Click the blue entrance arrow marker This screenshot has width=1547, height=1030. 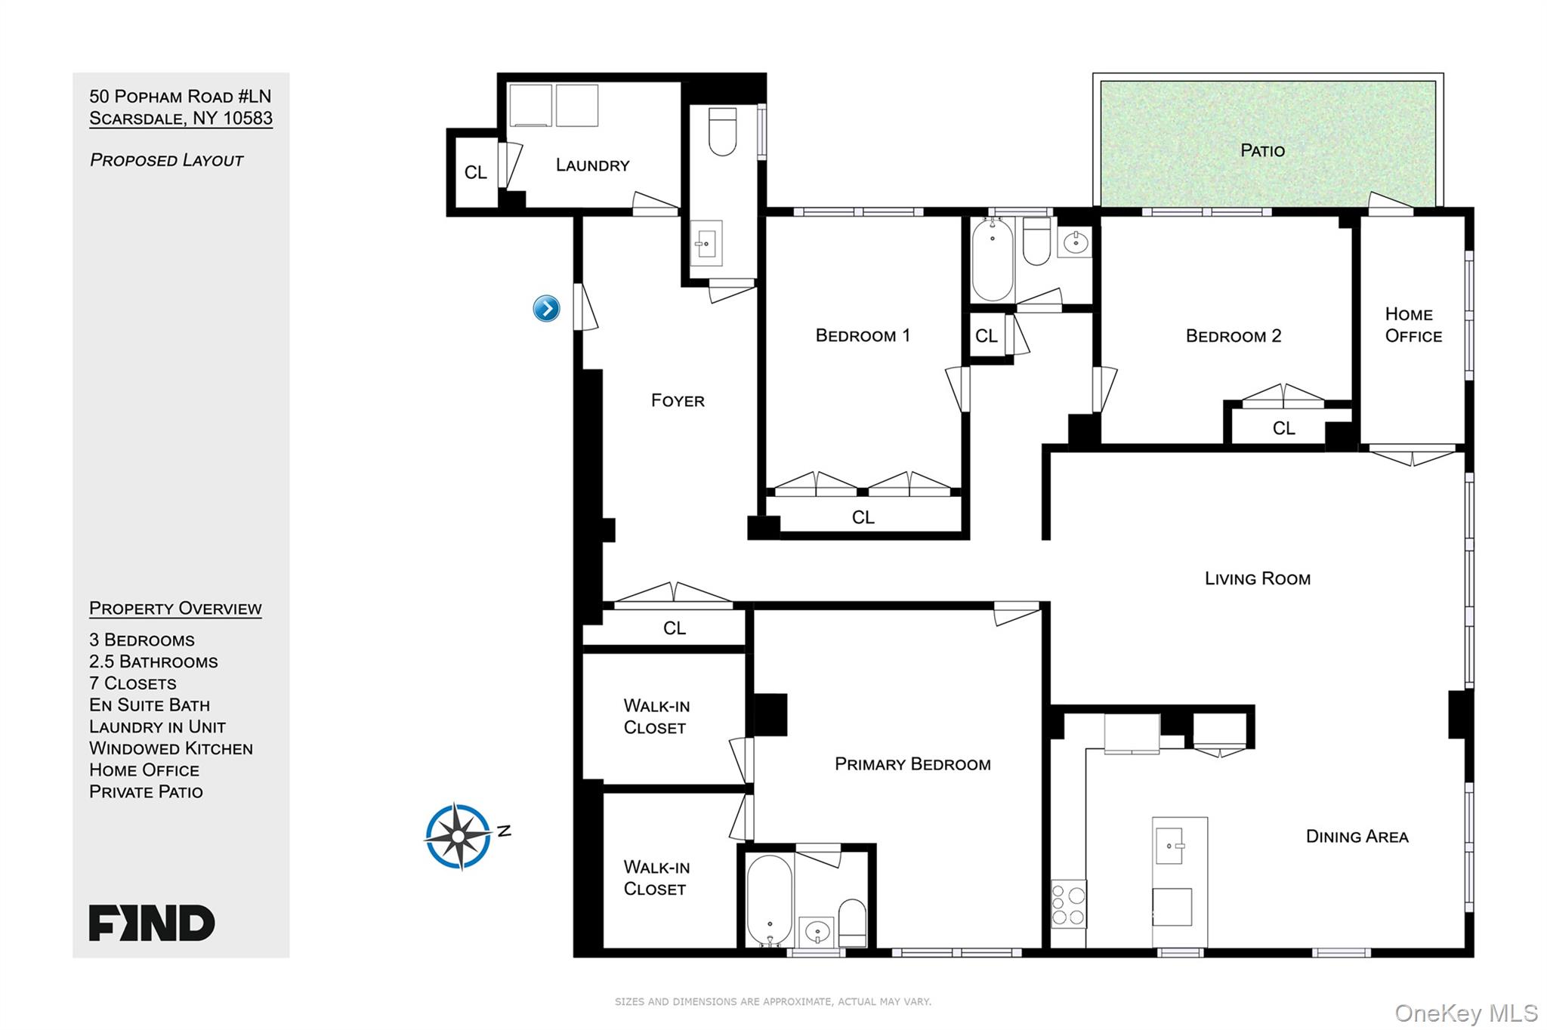click(x=546, y=308)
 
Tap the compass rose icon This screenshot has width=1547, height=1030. click(x=459, y=836)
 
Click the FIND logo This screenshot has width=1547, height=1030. click(x=152, y=923)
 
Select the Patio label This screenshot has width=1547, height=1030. click(x=1262, y=150)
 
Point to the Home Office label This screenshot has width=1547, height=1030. click(x=1413, y=325)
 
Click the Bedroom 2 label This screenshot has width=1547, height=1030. click(x=1234, y=336)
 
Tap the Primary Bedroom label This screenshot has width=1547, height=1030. click(x=912, y=764)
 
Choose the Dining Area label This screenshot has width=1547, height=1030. click(x=1357, y=836)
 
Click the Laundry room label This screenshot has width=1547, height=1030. click(x=593, y=165)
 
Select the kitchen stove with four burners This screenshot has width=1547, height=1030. click(x=1068, y=904)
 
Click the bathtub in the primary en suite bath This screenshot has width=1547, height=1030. click(x=770, y=899)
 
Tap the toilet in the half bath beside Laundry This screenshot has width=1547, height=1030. click(x=722, y=131)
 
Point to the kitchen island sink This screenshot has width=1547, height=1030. click(x=1169, y=845)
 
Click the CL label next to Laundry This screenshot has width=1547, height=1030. click(x=475, y=173)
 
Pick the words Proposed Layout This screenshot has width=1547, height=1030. click(x=166, y=160)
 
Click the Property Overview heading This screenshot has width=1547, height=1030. click(x=175, y=609)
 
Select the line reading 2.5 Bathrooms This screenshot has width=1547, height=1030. click(x=153, y=661)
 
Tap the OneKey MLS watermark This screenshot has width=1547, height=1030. click(x=1466, y=1013)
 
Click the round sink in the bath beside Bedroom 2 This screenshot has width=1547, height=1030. click(x=1074, y=242)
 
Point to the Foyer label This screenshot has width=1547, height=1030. click(x=678, y=400)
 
